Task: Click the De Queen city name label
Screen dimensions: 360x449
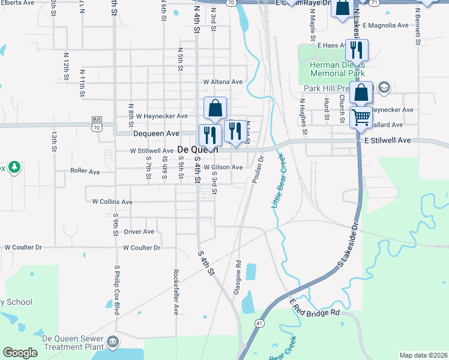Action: pos(197,149)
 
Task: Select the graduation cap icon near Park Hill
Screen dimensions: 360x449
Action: pos(384,88)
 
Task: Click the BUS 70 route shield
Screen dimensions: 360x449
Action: pos(97,124)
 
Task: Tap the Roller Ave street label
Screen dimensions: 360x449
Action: pos(85,171)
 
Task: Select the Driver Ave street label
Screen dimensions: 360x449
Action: pos(139,231)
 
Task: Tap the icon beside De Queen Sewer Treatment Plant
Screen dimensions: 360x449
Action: pos(113,343)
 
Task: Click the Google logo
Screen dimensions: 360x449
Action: pos(20,353)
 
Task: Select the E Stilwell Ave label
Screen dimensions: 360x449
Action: pos(387,140)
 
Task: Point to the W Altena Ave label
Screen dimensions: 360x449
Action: pos(223,82)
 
